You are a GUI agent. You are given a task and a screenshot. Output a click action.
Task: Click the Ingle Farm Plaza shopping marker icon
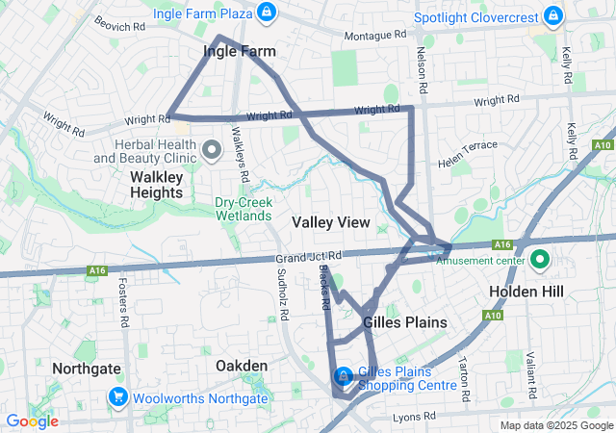click(267, 13)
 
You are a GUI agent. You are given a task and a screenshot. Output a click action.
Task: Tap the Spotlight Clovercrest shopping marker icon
click(552, 16)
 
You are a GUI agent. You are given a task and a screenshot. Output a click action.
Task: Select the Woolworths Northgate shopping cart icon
click(118, 396)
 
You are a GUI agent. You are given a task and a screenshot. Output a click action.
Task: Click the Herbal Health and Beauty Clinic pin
click(214, 149)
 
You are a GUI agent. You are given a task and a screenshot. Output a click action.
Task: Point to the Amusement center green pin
click(539, 259)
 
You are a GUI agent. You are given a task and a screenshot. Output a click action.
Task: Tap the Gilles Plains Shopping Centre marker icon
click(343, 376)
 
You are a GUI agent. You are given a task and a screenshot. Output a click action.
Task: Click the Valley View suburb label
click(331, 222)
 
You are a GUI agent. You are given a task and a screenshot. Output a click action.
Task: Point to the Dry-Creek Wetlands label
click(244, 209)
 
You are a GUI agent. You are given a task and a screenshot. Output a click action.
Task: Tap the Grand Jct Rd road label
click(303, 258)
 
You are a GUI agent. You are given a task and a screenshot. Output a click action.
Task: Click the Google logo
click(32, 421)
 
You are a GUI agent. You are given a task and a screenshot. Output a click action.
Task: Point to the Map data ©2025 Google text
click(555, 425)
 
